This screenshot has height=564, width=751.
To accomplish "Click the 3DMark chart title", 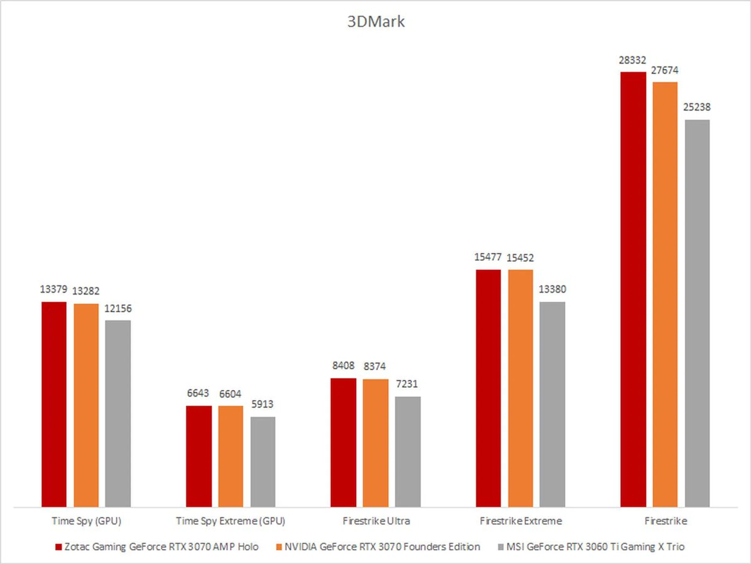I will [x=376, y=22].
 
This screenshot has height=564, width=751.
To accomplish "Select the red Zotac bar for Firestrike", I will [x=633, y=289].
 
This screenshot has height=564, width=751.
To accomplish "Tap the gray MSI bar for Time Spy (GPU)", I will [x=118, y=413].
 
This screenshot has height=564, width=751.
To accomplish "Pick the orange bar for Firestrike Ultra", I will [x=375, y=443].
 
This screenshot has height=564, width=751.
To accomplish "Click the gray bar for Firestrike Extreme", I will [x=552, y=404].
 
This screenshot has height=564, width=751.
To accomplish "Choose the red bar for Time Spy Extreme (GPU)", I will [x=199, y=456].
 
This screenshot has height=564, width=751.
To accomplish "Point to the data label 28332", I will [x=632, y=60].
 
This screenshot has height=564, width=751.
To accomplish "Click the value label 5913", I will [x=262, y=404].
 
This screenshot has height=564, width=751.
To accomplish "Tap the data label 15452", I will [x=520, y=258].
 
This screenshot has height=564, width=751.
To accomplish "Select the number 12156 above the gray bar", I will [x=118, y=309].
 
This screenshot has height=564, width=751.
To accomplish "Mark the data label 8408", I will [x=343, y=365].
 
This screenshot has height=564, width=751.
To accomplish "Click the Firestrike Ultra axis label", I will [x=376, y=521].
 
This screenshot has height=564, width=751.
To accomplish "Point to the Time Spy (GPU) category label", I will [x=86, y=521].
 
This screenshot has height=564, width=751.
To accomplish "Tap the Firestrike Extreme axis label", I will [x=521, y=521].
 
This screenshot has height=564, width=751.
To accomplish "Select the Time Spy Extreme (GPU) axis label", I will [x=230, y=521].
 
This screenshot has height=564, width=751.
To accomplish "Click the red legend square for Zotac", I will [x=59, y=547].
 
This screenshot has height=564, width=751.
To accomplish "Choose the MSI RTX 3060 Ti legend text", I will [x=595, y=546].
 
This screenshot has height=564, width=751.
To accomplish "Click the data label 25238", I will [x=697, y=107].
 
